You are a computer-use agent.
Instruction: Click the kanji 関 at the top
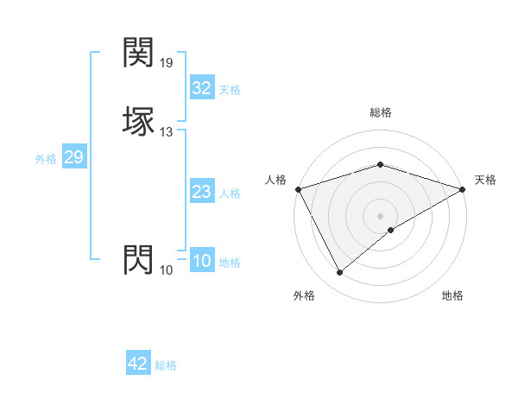click(138, 54)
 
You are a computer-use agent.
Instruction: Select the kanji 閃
click(138, 259)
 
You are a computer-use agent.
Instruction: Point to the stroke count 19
click(167, 63)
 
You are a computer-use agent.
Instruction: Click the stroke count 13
click(167, 132)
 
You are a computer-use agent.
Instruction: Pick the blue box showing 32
click(201, 88)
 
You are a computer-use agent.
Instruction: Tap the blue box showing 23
click(201, 192)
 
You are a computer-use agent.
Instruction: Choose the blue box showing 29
click(73, 157)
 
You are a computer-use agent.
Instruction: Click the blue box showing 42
click(138, 364)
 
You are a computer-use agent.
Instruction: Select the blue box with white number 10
click(201, 261)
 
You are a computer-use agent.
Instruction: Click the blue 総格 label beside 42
click(166, 365)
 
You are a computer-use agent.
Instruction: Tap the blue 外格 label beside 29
click(46, 158)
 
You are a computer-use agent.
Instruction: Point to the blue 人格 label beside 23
click(230, 193)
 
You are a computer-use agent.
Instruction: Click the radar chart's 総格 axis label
click(380, 112)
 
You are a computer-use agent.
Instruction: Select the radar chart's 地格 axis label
click(452, 295)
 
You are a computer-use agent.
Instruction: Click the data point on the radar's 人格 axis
click(298, 188)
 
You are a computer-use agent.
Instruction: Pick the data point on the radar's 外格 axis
click(339, 272)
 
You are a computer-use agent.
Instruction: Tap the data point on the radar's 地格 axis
click(391, 230)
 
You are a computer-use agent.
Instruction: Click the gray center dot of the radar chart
click(380, 215)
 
